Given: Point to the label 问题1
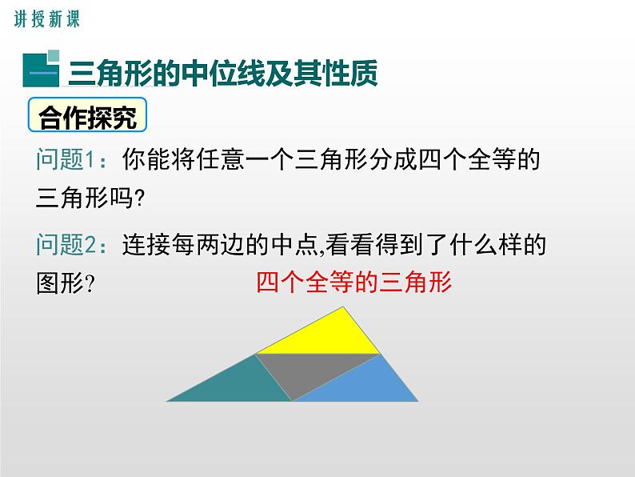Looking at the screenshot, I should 71,160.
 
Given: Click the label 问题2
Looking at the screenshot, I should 71,246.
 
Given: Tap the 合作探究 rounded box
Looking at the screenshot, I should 89,118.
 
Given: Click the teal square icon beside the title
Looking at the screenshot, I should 40,70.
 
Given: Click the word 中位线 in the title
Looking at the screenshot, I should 229,73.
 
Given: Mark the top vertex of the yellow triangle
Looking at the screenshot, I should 345,307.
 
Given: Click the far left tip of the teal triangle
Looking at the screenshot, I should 168,399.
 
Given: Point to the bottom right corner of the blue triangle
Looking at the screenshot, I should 417,399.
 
